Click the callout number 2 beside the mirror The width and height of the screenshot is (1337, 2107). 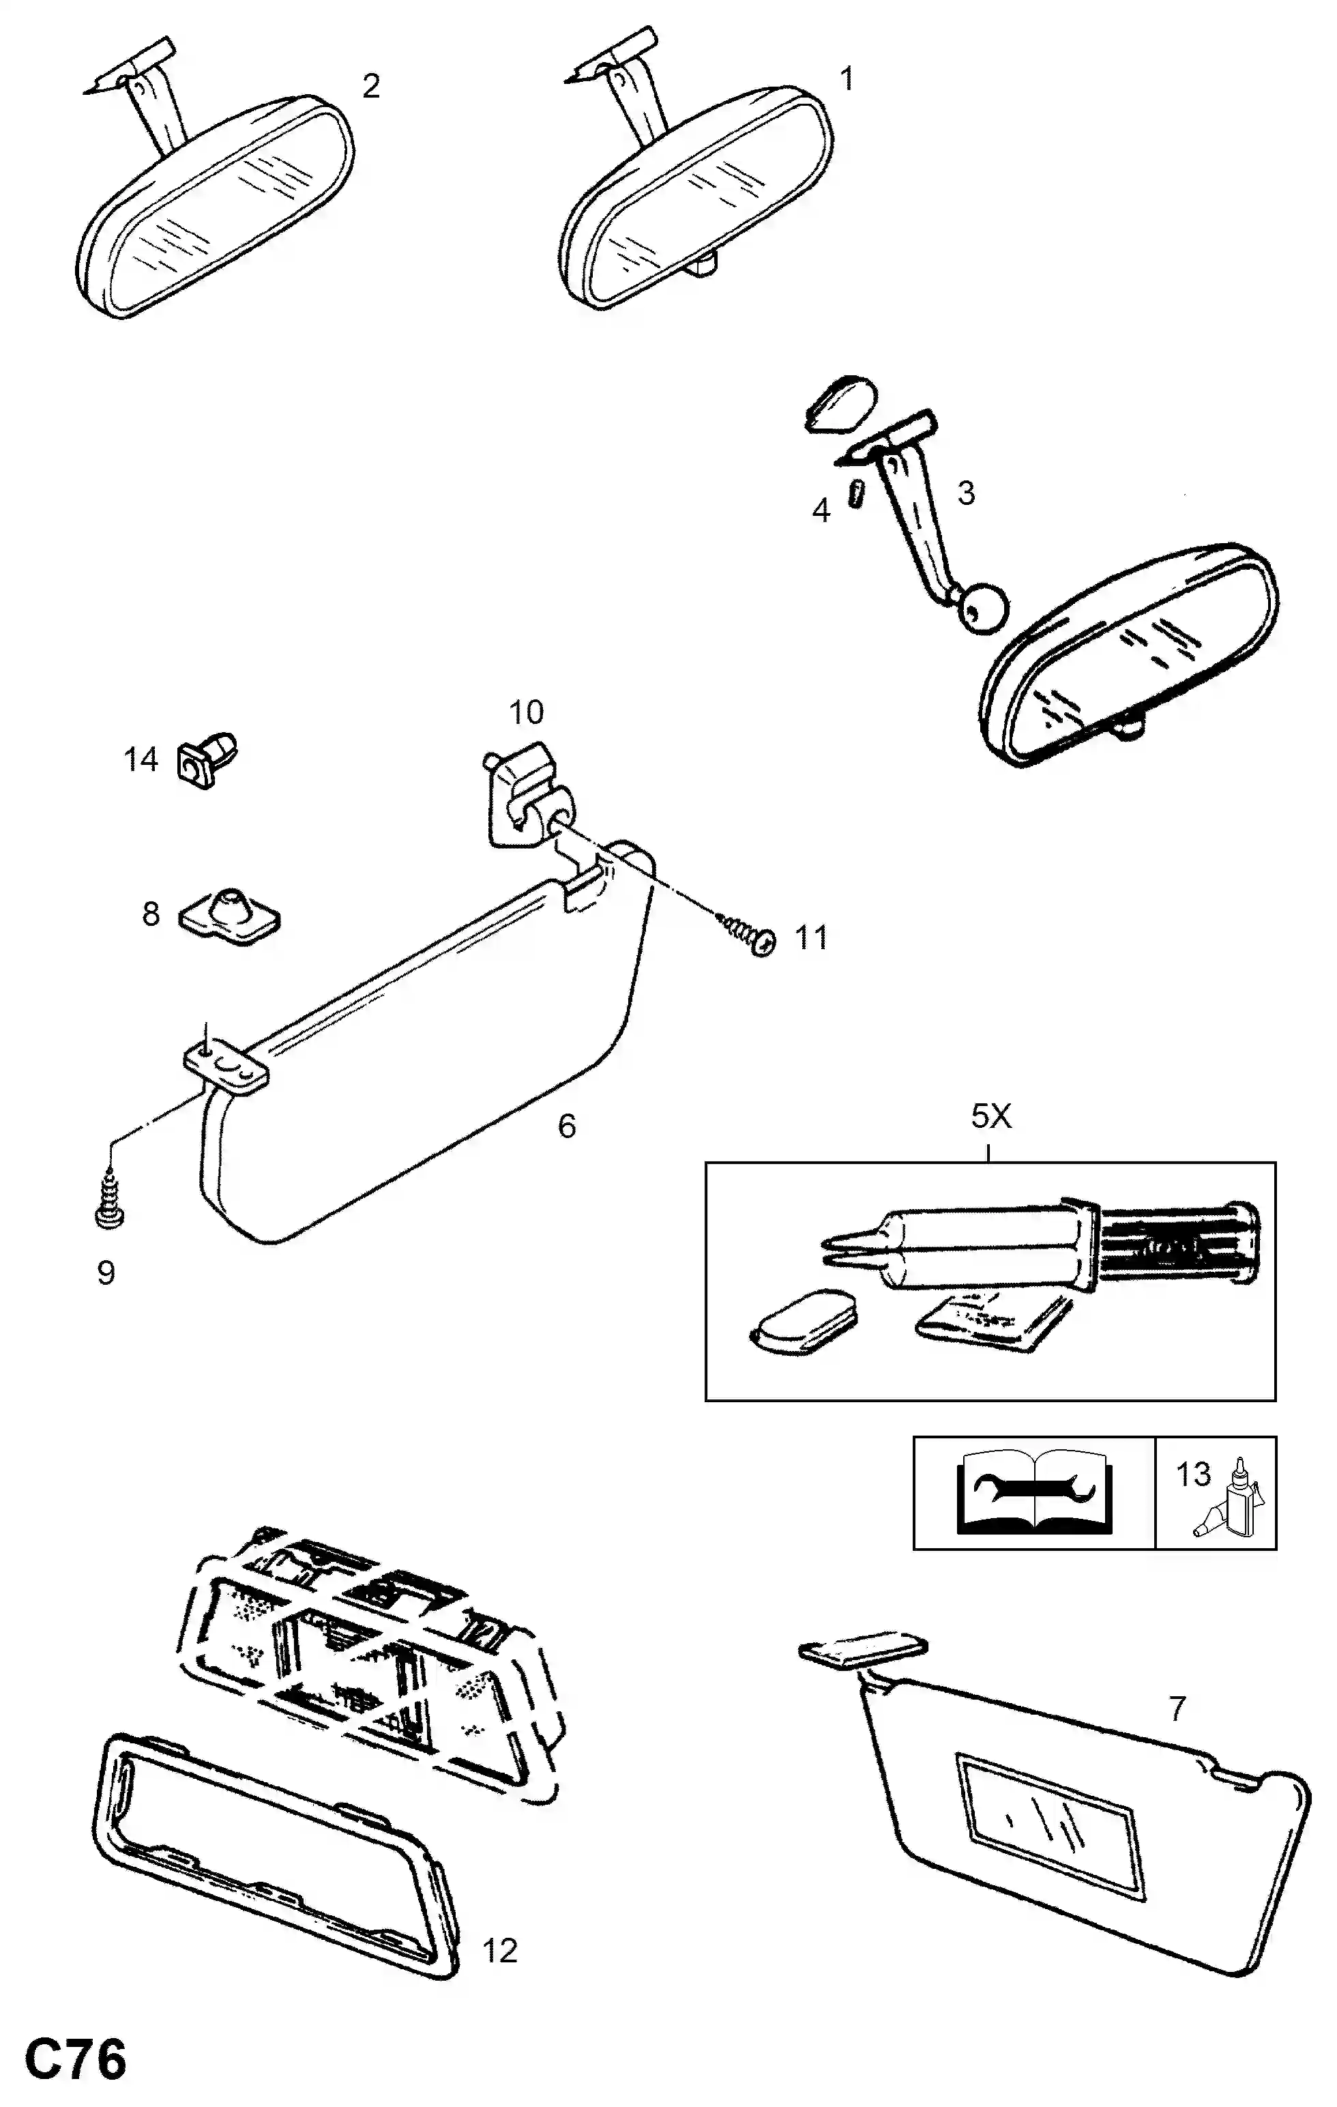pos(371,86)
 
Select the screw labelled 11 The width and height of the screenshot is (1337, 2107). pos(746,930)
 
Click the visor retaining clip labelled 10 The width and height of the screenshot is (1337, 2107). pos(523,794)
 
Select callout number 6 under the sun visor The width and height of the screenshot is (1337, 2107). pos(567,1126)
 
